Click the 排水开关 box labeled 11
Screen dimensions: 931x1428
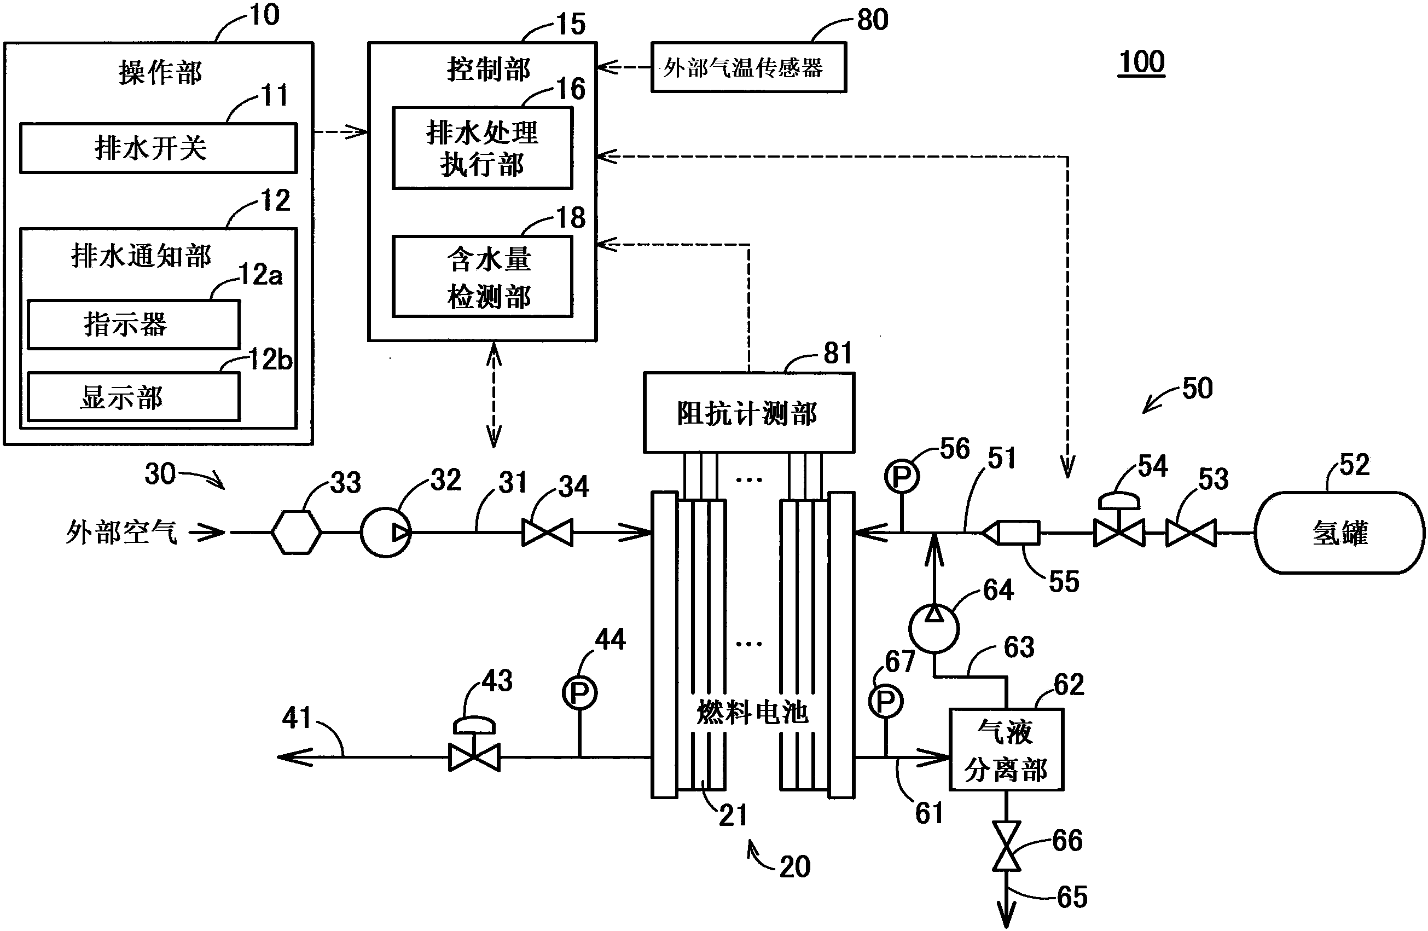coord(159,148)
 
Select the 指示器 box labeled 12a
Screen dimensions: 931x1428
coord(133,324)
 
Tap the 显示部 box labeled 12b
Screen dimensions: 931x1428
coord(133,397)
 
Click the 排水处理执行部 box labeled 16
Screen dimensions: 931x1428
coord(483,148)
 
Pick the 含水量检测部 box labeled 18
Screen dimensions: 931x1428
coord(483,277)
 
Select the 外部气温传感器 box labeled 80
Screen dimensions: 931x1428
coord(748,67)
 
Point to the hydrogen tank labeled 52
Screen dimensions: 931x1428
coord(1339,533)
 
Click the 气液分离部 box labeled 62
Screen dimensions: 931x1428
coord(1006,750)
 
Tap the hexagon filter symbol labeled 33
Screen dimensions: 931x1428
coord(296,533)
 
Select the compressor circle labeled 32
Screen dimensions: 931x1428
coord(386,533)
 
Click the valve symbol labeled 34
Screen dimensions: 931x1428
coord(547,533)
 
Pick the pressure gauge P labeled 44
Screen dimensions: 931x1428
coord(579,693)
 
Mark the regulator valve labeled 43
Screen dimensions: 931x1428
coord(474,750)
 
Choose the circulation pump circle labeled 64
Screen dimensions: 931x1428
coord(933,628)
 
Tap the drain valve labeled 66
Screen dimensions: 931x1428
coord(1006,846)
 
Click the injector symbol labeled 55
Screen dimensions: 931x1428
coord(1012,533)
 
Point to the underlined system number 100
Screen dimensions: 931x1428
coord(1141,62)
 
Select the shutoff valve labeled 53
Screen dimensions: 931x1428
coord(1191,533)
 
